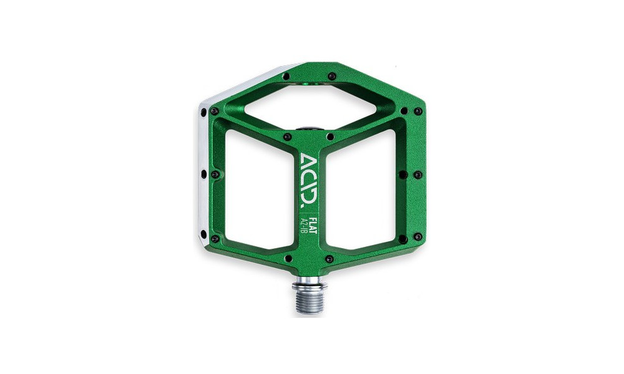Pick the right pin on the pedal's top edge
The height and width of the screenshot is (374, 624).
331,76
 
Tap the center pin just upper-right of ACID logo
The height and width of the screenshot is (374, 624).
329,136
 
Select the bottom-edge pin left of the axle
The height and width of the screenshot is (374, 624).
288,258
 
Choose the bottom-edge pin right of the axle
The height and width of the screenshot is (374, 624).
329,258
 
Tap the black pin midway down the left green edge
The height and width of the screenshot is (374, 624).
214,175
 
